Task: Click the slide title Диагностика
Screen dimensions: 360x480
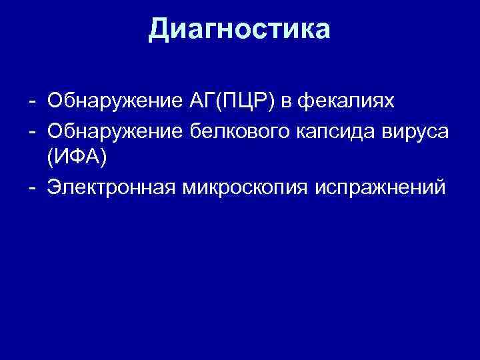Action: pos(239,30)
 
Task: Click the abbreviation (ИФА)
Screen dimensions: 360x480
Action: pos(75,159)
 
